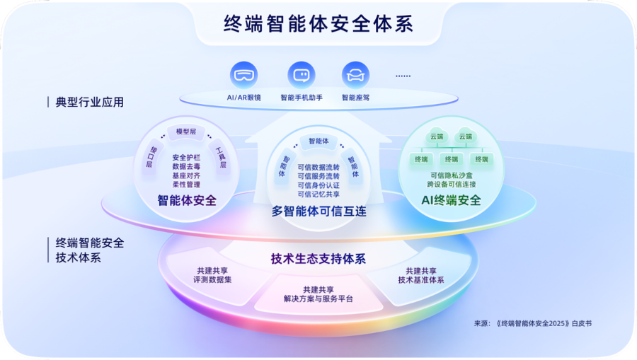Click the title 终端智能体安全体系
click(x=318, y=23)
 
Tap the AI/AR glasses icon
click(x=243, y=75)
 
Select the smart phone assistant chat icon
click(x=302, y=75)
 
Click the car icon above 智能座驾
click(x=355, y=75)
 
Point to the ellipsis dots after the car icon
click(x=403, y=76)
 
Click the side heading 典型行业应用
click(x=89, y=102)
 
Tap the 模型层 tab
click(x=186, y=132)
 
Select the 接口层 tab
click(x=151, y=157)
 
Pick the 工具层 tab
click(x=221, y=158)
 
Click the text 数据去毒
click(x=186, y=166)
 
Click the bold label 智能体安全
click(x=187, y=200)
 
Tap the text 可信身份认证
click(x=318, y=185)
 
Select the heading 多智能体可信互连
click(x=319, y=211)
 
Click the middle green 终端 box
click(x=452, y=159)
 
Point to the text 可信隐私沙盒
click(x=452, y=175)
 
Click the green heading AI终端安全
click(x=451, y=200)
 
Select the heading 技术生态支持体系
click(x=318, y=259)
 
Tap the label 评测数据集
click(x=212, y=279)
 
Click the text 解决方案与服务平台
click(x=318, y=298)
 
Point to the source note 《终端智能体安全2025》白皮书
click(x=544, y=323)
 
